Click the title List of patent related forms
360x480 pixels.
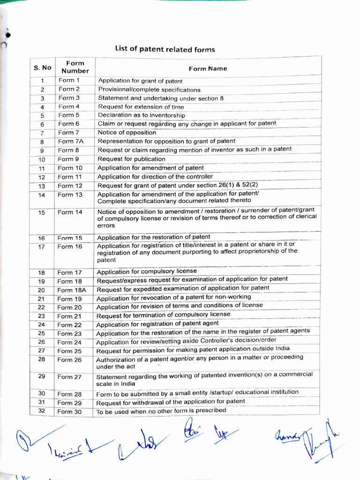coord(165,49)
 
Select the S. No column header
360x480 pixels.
coord(42,67)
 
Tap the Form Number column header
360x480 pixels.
coord(75,67)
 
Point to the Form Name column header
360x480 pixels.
coord(208,68)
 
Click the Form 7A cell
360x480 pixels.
coord(70,142)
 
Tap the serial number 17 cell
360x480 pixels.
coord(42,247)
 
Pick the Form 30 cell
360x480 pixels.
coord(69,412)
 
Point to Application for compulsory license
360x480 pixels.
coord(147,271)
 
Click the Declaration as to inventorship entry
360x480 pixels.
coord(141,115)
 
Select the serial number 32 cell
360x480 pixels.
coord(42,411)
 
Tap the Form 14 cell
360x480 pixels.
coord(70,212)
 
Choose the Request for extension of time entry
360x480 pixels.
coord(141,107)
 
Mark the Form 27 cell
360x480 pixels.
coord(69,377)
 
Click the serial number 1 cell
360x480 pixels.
coord(42,81)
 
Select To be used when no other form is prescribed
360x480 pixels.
coord(161,411)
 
